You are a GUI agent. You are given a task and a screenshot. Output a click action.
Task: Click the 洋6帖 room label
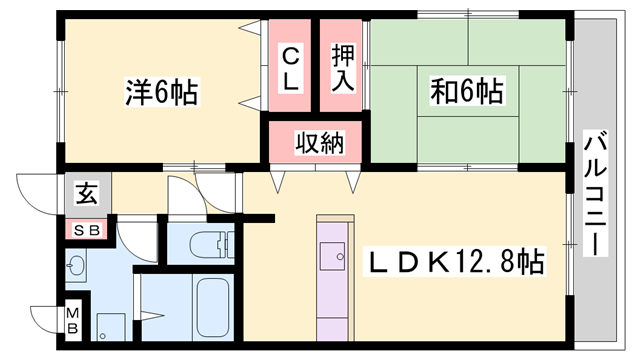[162, 92]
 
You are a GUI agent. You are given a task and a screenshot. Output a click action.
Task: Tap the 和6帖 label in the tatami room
[467, 90]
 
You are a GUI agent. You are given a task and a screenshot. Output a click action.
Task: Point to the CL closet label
[290, 69]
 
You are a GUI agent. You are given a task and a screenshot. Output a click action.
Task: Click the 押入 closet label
[342, 67]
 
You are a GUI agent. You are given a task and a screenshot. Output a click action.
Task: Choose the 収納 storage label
[320, 142]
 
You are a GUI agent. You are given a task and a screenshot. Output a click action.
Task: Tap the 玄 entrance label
[87, 193]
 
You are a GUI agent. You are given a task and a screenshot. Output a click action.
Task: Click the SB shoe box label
[87, 231]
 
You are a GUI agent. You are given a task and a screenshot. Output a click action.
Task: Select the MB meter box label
[73, 321]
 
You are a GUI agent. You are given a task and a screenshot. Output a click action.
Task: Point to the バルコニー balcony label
[595, 193]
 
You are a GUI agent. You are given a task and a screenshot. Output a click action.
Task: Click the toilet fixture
[212, 244]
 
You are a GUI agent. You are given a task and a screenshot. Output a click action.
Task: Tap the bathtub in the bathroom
[212, 307]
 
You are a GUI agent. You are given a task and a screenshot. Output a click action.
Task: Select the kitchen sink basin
[332, 256]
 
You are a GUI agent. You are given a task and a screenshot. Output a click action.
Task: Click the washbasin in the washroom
[76, 266]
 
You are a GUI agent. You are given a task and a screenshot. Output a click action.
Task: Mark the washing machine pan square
[111, 327]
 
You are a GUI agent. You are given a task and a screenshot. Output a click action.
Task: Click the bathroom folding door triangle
[152, 316]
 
